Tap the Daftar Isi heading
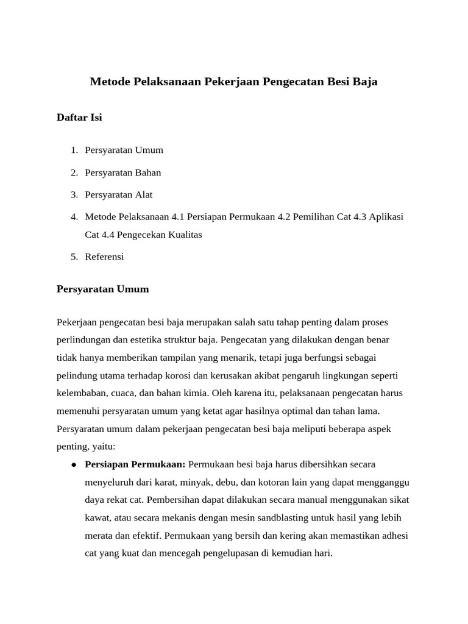[x=79, y=118]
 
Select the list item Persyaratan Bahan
[x=123, y=172]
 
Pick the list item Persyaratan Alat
[x=119, y=195]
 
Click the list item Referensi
[x=104, y=257]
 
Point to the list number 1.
[x=73, y=150]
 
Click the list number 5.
[x=73, y=257]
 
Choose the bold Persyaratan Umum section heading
[x=102, y=289]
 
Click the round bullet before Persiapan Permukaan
[x=73, y=464]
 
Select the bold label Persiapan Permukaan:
[x=135, y=464]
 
